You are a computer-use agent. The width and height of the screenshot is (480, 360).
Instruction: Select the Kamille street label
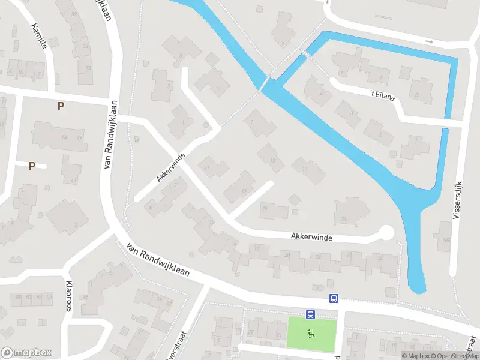coord(38,36)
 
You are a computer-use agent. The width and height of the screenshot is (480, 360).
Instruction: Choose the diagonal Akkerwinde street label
coord(170,167)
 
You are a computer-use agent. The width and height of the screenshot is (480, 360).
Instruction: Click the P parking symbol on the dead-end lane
coord(32,166)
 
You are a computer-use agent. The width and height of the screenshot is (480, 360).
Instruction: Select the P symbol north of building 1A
coord(60,106)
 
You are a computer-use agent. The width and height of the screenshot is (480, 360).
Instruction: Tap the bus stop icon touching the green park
coord(310,314)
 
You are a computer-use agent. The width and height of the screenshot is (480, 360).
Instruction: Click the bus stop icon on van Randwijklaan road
coord(334,298)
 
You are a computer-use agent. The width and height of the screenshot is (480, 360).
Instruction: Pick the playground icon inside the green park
coord(311,334)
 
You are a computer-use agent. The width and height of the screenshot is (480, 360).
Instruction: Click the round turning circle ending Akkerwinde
coord(386,232)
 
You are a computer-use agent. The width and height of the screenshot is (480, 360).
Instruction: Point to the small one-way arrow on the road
coord(428,41)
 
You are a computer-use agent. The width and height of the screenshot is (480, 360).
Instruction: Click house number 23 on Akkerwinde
coord(343,218)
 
